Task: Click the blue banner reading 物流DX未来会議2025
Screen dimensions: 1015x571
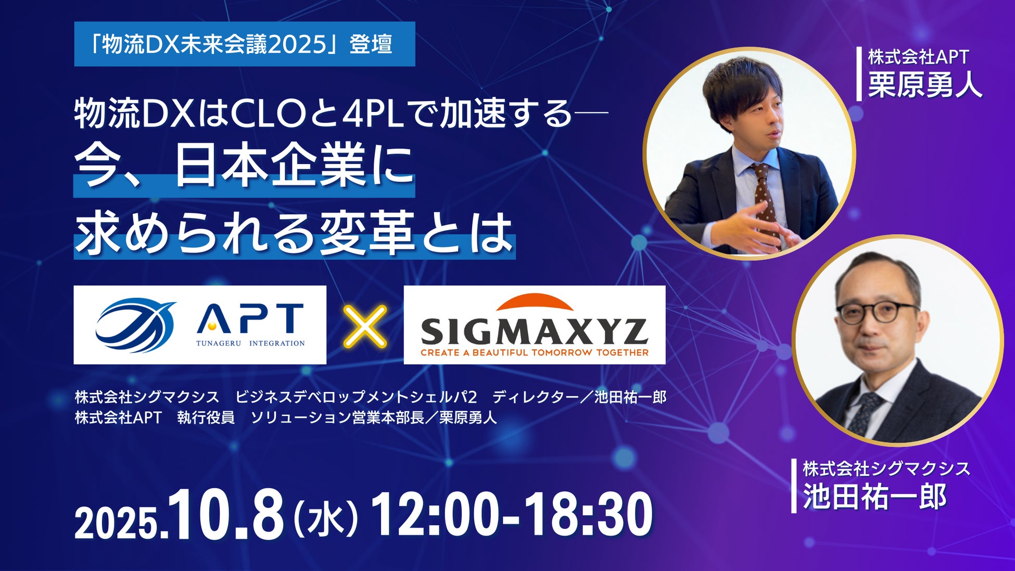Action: point(245,44)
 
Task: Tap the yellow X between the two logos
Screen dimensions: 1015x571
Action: point(365,326)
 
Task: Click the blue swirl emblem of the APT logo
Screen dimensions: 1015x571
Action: point(136,325)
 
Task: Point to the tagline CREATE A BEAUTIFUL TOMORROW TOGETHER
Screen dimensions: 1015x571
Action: point(535,352)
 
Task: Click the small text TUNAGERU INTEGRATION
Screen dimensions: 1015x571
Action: point(250,343)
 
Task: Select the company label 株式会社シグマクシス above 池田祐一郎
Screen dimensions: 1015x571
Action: point(886,468)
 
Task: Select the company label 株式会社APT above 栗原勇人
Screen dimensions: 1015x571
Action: point(918,57)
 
